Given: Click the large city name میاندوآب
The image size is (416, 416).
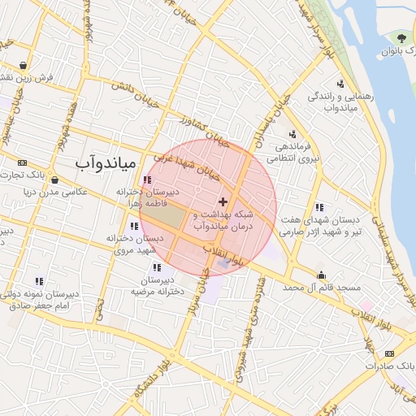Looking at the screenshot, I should click(x=104, y=162).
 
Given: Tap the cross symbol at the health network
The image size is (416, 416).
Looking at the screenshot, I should click(x=223, y=200).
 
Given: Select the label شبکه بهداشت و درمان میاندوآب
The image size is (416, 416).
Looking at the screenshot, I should click(x=223, y=219).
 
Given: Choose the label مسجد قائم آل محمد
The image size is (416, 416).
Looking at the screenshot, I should click(x=322, y=288).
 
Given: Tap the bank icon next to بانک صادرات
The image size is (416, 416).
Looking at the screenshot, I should click(x=389, y=353).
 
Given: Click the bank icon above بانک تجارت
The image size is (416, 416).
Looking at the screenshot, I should click(x=21, y=162).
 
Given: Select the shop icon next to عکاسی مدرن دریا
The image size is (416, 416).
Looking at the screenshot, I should click(x=54, y=180).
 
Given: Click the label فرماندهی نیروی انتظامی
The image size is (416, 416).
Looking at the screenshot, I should click(x=293, y=153).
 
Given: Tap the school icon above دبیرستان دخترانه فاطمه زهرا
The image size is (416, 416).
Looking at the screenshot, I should click(x=146, y=180).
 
